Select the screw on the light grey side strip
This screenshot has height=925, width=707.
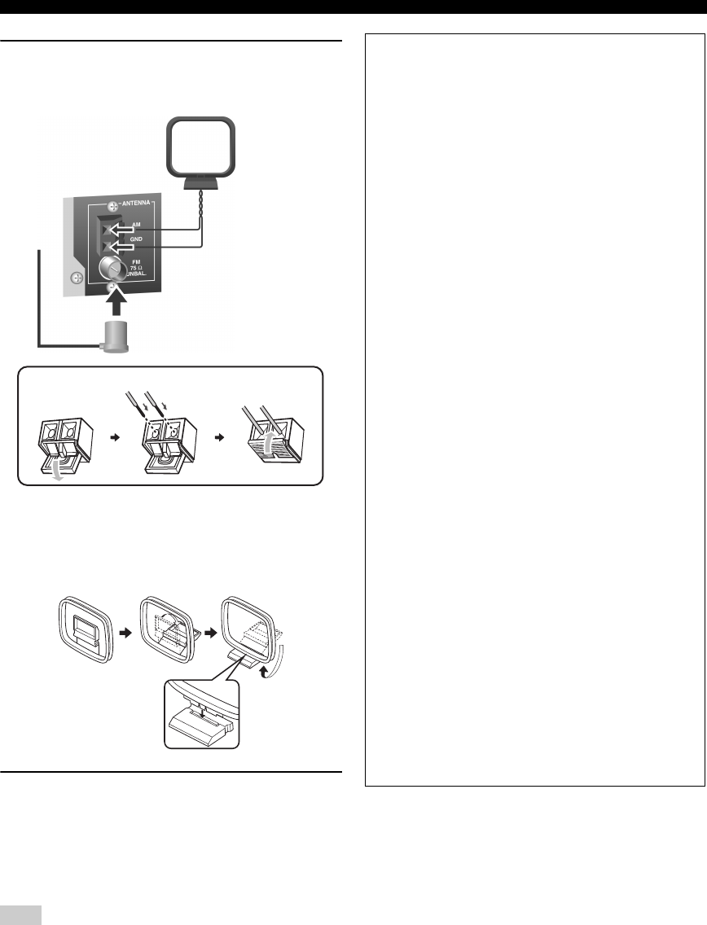click(x=75, y=278)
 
